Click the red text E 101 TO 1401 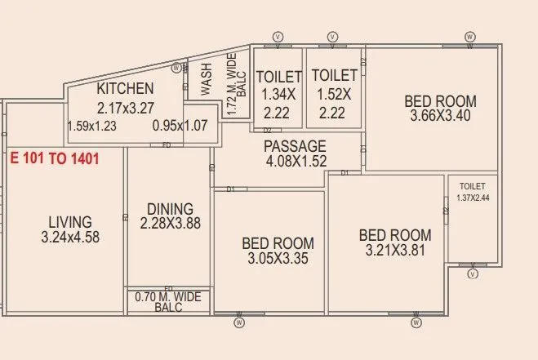(55, 158)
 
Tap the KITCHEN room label (125, 89)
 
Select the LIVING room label (69, 221)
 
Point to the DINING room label (170, 208)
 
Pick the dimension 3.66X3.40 (441, 116)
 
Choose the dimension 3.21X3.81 (395, 251)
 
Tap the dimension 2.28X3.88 (170, 223)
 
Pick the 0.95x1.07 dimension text (180, 127)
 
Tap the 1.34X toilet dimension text (279, 95)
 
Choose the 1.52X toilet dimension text (332, 95)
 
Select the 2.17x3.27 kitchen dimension (125, 107)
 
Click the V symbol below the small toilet (472, 275)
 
